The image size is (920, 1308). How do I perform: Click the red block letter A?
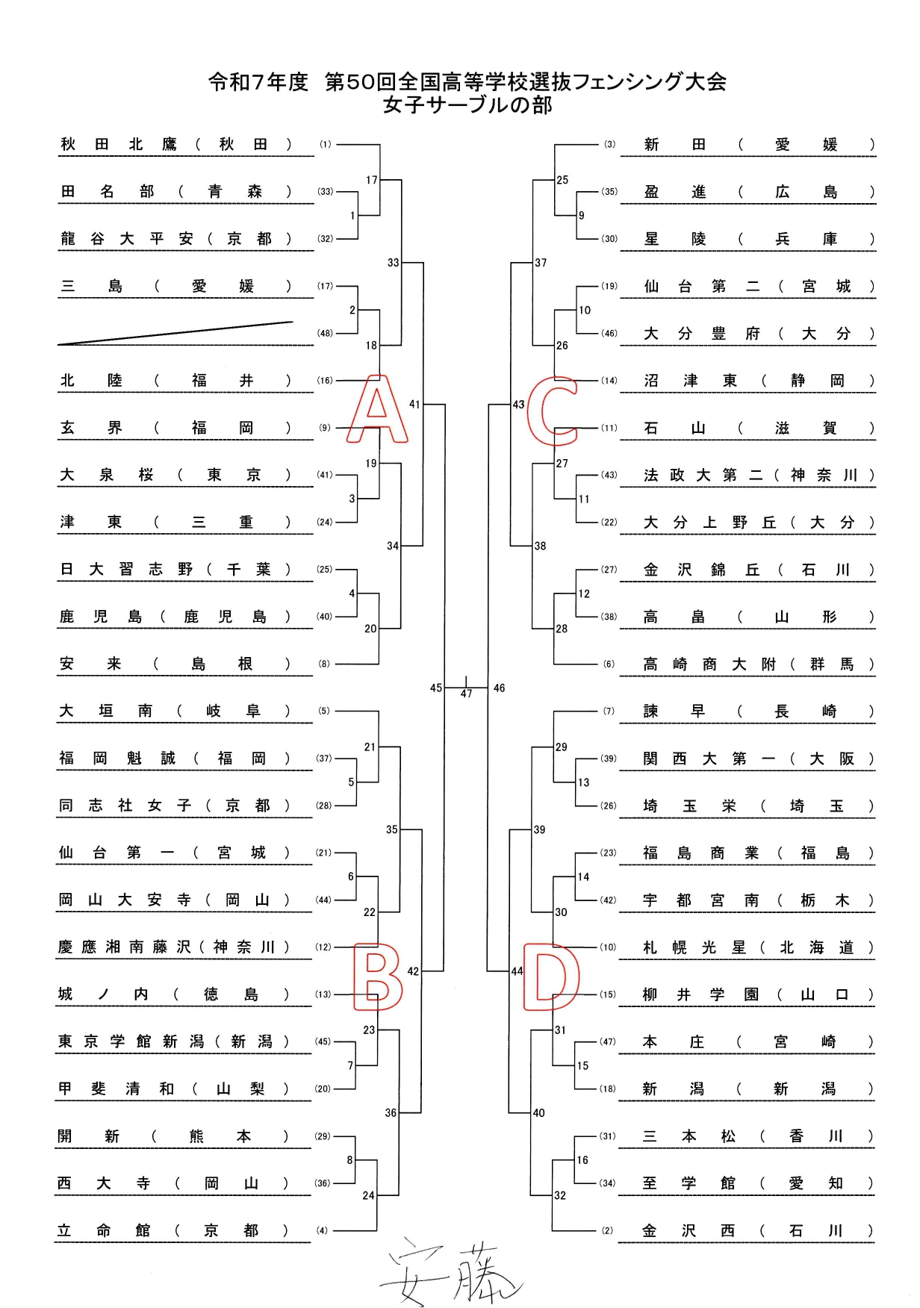pyautogui.click(x=377, y=410)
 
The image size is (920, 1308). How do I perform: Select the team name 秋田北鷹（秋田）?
pyautogui.click(x=176, y=145)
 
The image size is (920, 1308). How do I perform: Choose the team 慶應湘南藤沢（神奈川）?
pyautogui.click(x=174, y=947)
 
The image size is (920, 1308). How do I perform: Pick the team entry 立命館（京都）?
pyautogui.click(x=173, y=1231)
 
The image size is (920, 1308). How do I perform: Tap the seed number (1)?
pyautogui.click(x=325, y=145)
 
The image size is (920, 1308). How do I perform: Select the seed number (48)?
pyautogui.click(x=325, y=334)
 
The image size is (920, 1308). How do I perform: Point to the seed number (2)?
pyautogui.click(x=609, y=1231)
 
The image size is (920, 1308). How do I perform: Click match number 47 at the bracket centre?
pyautogui.click(x=467, y=694)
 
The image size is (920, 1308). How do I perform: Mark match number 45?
pyautogui.click(x=436, y=688)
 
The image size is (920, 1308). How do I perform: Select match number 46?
pyautogui.click(x=500, y=688)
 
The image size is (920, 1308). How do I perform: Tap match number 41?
pyautogui.click(x=415, y=405)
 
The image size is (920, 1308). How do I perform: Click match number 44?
pyautogui.click(x=517, y=971)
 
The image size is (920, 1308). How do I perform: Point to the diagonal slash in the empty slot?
pyautogui.click(x=176, y=333)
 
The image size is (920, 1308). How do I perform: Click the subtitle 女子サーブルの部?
pyautogui.click(x=467, y=105)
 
